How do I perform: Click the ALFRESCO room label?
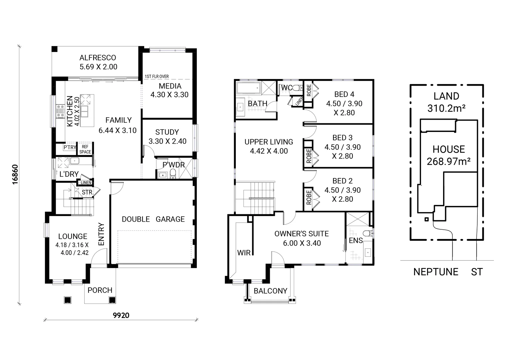98,58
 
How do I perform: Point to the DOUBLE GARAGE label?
153,219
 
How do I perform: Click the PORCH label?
100,290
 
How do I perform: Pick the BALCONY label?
270,291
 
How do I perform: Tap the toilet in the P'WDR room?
173,173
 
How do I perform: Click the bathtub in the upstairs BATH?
248,89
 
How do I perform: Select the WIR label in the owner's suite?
244,253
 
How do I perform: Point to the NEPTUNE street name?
436,272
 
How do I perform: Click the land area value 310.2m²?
446,108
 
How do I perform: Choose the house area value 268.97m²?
448,162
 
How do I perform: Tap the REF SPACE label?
85,149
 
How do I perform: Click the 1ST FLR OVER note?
157,77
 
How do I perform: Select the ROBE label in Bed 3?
308,156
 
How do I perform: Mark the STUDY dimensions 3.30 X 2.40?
167,141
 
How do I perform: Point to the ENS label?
355,240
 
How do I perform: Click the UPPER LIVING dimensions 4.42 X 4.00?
268,151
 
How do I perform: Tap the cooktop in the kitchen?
61,111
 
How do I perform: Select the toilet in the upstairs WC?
297,88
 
